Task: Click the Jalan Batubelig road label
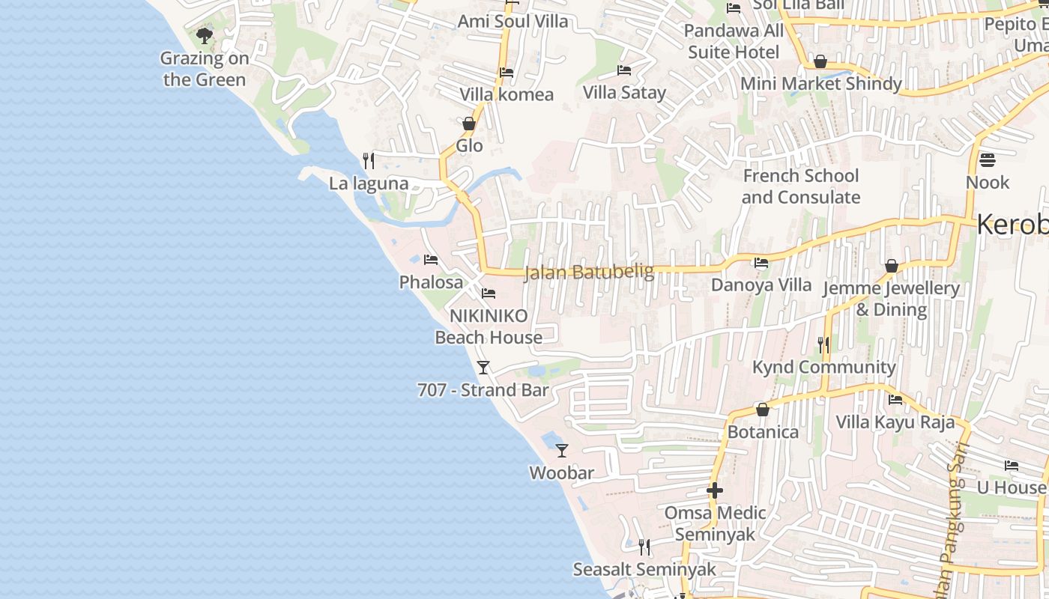589,272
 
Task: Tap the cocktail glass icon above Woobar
562,450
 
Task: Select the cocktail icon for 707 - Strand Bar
483,367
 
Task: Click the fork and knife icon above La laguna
369,160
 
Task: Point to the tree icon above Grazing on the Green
204,35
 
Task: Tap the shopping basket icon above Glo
469,124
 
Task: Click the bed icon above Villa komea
507,73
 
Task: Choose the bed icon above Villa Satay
624,70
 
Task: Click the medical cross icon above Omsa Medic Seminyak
715,490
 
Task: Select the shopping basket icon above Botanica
763,410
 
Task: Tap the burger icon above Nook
987,159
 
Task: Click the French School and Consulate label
801,186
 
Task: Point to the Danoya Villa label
761,285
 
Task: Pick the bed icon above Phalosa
431,260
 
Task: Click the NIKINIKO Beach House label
489,326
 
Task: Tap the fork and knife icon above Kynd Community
823,344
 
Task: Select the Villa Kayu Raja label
895,422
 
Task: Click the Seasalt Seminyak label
644,569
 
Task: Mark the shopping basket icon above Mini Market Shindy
820,61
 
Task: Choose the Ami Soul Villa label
513,21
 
